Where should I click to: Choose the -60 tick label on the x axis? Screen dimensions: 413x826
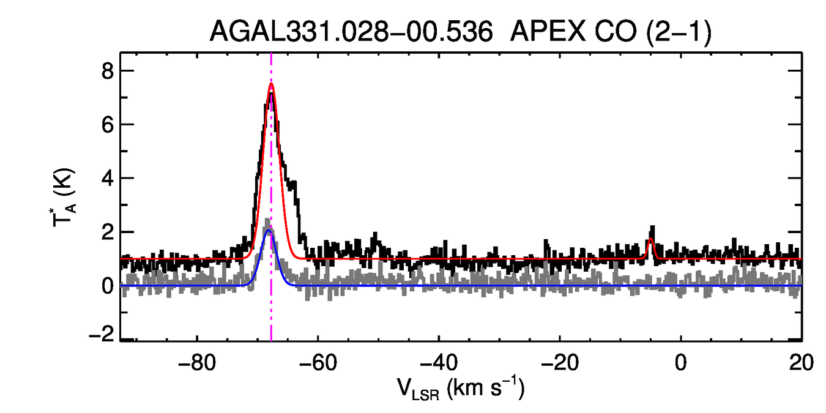tap(317, 365)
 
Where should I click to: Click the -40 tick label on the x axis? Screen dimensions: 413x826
tap(438, 365)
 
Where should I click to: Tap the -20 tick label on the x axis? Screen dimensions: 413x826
tap(559, 365)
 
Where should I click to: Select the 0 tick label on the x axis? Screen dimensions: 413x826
tap(680, 365)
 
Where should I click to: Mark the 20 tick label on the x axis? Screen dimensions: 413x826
tap(801, 365)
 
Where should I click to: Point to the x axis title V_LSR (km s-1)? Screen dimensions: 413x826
tap(461, 390)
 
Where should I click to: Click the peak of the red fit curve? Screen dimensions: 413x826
tap(271, 84)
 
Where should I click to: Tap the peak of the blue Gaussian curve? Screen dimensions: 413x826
tap(268, 231)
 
